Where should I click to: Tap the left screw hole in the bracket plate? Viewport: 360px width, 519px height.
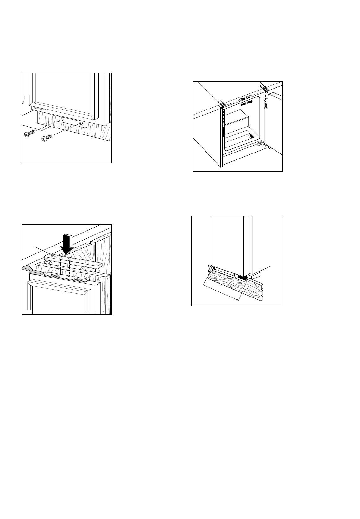[x=62, y=119]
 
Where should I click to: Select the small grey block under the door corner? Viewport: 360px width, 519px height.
[x=38, y=109]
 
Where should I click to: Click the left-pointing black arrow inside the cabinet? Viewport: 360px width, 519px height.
[x=243, y=103]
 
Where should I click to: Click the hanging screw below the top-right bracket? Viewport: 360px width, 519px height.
[x=266, y=105]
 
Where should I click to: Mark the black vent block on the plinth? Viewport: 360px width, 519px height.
[x=242, y=278]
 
